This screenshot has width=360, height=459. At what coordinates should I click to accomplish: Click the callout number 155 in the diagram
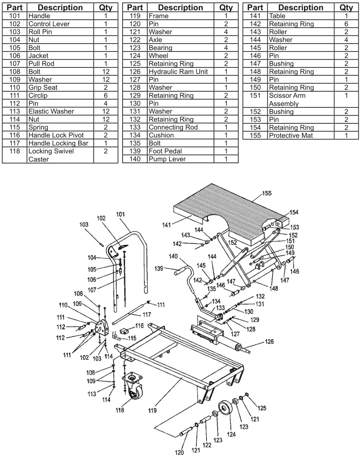click(x=267, y=193)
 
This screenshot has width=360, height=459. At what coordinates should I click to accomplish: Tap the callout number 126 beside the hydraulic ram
click(x=269, y=341)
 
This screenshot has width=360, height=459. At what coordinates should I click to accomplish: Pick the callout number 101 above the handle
click(x=121, y=214)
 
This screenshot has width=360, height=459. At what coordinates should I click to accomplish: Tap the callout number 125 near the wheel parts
click(x=262, y=408)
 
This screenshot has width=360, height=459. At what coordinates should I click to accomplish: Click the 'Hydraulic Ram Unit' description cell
click(x=178, y=72)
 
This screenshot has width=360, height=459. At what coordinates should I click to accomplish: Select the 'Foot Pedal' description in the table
click(x=165, y=151)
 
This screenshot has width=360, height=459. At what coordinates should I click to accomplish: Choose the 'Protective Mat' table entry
click(x=290, y=135)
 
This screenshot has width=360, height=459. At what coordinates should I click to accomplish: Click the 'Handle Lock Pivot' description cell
click(x=56, y=135)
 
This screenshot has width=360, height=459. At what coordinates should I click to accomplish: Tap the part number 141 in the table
click(x=255, y=16)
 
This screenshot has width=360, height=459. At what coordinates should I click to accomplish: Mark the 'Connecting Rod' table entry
click(x=173, y=127)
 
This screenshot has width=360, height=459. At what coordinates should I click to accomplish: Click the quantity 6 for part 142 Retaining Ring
click(x=346, y=24)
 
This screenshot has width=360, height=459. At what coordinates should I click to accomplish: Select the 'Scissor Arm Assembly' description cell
click(x=287, y=100)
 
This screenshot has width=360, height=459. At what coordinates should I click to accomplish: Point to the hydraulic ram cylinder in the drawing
click(x=229, y=345)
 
